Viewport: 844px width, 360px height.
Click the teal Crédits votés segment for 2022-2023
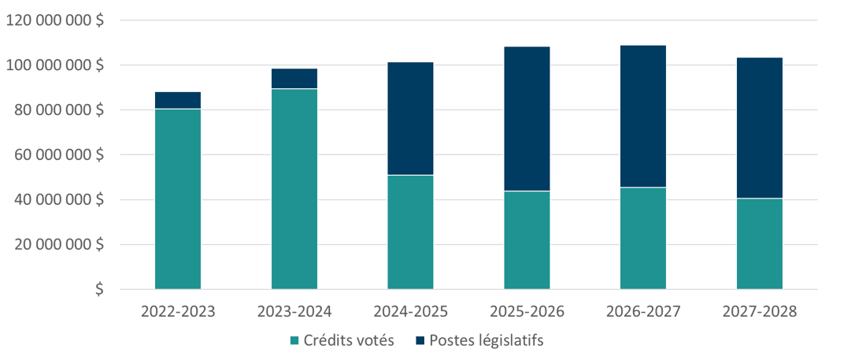click(x=177, y=199)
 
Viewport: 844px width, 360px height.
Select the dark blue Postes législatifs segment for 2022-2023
click(x=177, y=100)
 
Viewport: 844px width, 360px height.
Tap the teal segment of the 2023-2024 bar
click(x=294, y=189)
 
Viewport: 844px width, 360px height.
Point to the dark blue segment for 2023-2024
click(x=294, y=79)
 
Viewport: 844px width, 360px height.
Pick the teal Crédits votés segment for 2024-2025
click(x=410, y=232)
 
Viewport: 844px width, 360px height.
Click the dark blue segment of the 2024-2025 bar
click(x=410, y=118)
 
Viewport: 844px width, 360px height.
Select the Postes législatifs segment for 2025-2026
click(x=527, y=118)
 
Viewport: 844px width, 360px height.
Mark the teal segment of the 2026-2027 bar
click(x=643, y=238)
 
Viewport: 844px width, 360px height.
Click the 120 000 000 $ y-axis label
click(x=55, y=20)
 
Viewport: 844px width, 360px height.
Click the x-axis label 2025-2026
click(x=527, y=311)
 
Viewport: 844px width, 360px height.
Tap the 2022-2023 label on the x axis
click(x=177, y=311)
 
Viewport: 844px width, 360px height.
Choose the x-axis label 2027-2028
click(x=760, y=311)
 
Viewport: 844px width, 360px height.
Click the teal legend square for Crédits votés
click(x=295, y=341)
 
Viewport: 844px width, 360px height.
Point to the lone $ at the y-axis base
click(x=99, y=290)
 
